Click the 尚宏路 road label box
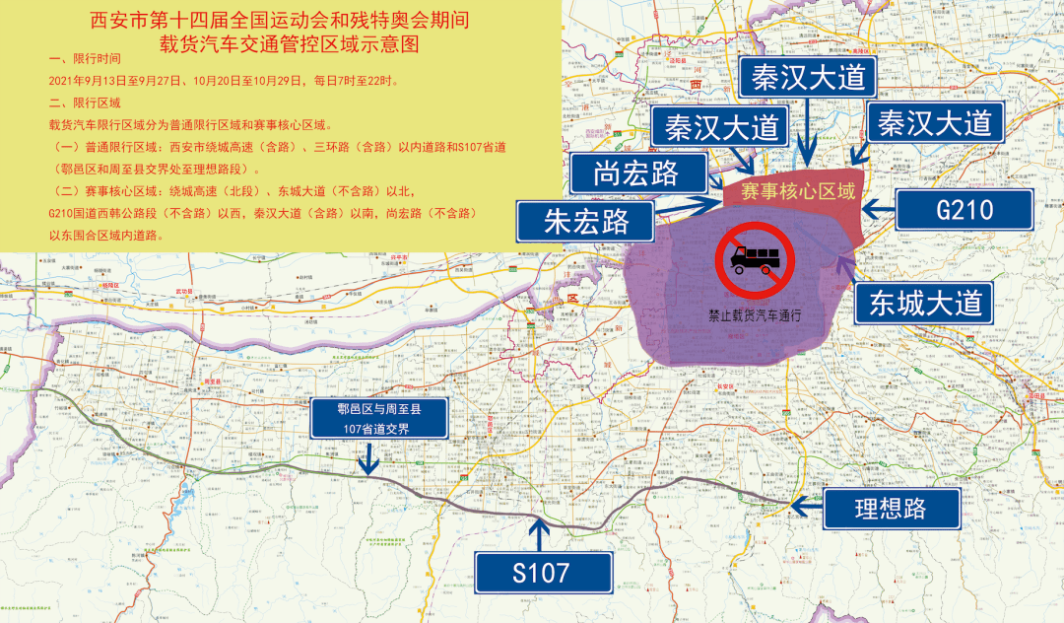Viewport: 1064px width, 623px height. click(635, 173)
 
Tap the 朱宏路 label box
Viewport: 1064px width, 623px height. click(585, 221)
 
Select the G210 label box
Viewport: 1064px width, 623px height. click(964, 209)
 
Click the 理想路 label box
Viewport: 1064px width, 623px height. click(890, 508)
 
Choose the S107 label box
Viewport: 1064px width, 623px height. click(541, 571)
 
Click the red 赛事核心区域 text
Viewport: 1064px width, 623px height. click(798, 192)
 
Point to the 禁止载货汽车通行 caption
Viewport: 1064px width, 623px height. click(755, 316)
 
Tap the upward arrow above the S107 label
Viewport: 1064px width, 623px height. click(539, 533)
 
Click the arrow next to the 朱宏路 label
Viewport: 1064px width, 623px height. click(690, 207)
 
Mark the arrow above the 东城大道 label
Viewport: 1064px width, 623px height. click(843, 266)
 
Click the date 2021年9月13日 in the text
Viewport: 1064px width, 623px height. click(92, 80)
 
